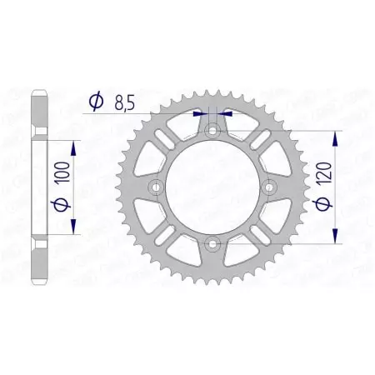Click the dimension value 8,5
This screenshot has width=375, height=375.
point(122,102)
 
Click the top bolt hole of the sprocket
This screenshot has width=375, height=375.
point(212,130)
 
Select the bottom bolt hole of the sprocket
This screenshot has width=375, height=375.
point(212,244)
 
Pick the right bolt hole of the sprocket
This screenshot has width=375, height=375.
point(269,187)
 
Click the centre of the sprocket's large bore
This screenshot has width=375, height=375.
point(212,187)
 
